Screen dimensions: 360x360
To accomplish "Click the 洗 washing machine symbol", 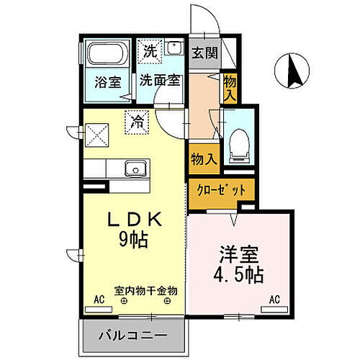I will point(149,51).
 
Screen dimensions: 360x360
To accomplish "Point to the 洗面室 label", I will point(160,81).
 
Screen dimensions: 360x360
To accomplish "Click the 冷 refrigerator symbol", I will point(135,122).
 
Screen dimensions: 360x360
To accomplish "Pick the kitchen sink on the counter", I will point(134,170).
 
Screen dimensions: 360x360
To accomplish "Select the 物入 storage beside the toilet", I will point(203,158).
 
